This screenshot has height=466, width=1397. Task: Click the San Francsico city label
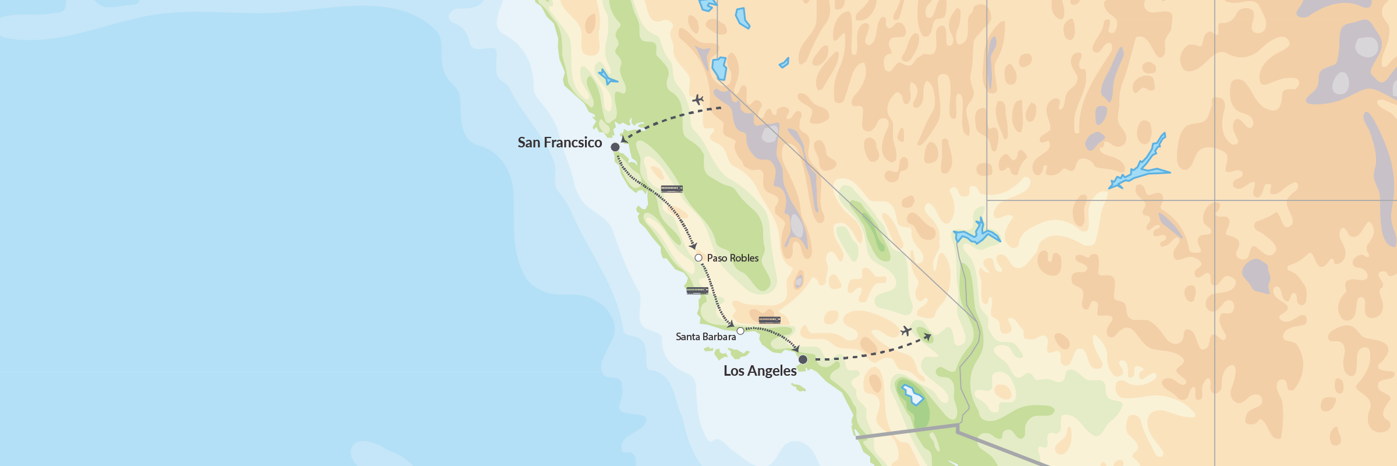point(559,143)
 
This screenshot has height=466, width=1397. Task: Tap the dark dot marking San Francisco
point(615,147)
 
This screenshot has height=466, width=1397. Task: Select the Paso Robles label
point(732,258)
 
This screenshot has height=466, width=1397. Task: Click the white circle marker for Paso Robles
point(698,257)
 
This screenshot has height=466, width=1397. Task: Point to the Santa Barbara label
point(705,337)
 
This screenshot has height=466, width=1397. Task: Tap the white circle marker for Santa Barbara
point(740,331)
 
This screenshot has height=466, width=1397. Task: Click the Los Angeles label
point(760,371)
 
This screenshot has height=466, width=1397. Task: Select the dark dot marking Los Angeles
point(803,359)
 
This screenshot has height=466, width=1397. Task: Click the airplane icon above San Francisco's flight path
point(698,100)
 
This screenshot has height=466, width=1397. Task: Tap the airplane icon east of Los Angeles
point(906,331)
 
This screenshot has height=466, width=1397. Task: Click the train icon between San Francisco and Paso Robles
point(672,189)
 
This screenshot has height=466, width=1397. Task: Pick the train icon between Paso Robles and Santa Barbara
point(697,291)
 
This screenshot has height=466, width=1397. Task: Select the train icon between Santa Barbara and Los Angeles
point(770,320)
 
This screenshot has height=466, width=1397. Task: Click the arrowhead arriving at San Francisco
point(624,139)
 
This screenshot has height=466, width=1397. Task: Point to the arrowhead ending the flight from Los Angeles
point(928,337)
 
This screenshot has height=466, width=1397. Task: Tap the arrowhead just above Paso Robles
point(693,246)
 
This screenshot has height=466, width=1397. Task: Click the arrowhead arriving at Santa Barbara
point(731,324)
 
